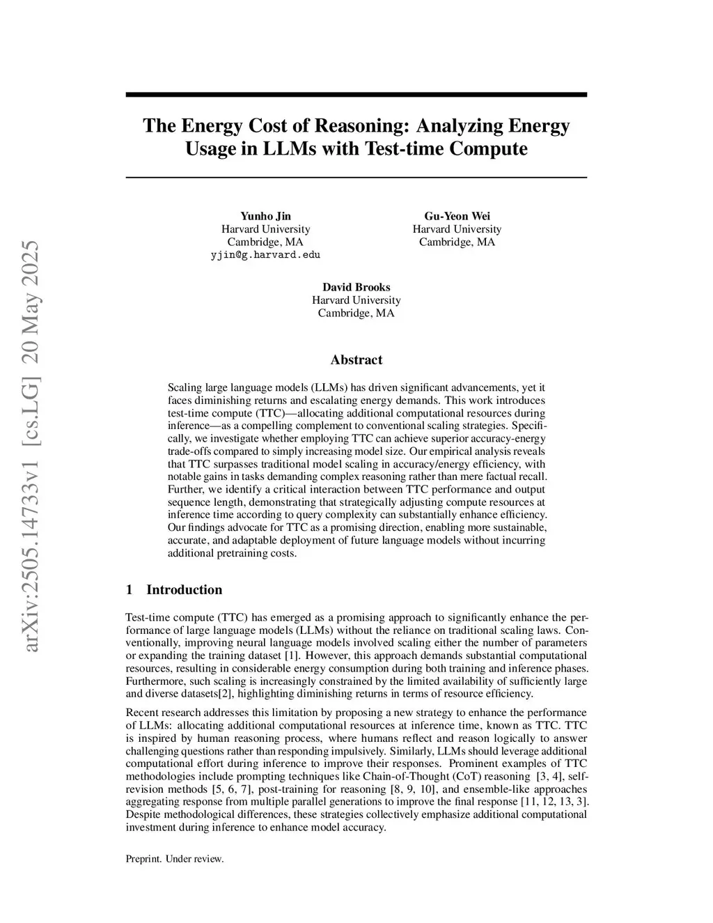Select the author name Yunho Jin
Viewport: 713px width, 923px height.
tap(265, 216)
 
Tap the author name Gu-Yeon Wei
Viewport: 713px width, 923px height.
tap(457, 216)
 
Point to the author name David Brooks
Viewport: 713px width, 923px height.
tap(356, 287)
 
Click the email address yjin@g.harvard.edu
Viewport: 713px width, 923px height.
tap(265, 255)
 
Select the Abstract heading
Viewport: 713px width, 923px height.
tap(356, 360)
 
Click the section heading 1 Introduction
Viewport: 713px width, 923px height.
tap(174, 590)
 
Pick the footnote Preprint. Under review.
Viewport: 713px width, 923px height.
tap(174, 859)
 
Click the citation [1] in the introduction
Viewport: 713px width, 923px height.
tap(292, 656)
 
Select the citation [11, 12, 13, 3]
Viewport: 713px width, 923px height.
tap(555, 802)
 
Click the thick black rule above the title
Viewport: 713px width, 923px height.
tap(356, 95)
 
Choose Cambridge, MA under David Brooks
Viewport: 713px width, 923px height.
tap(356, 313)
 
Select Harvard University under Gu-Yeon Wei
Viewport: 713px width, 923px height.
tap(457, 229)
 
